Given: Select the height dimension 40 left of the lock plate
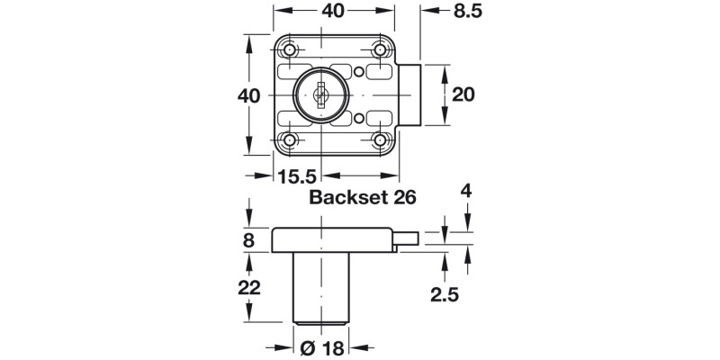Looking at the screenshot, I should pos(250,95).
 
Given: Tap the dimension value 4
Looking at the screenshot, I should pos(466,192).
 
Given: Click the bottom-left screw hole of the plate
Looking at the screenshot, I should pos(291,139).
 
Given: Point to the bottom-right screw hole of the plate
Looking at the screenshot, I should pos(381,139).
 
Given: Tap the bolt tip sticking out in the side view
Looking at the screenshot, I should pos(409,239).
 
